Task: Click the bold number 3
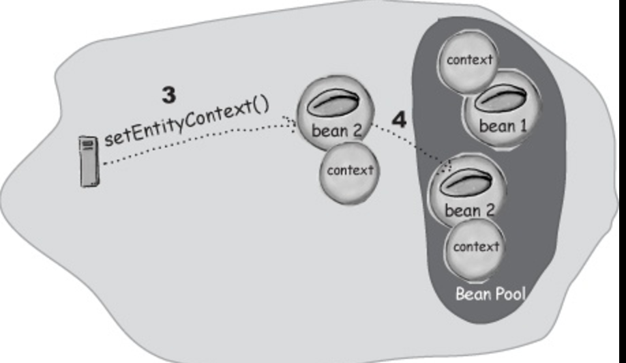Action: point(169,95)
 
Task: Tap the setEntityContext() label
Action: point(187,122)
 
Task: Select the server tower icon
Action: point(89,161)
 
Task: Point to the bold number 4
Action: point(399,119)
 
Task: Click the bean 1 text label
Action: point(503,127)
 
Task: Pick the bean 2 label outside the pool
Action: point(336,130)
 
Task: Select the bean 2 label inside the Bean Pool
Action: point(469,210)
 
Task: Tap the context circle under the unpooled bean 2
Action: point(350,172)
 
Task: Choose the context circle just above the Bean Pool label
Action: point(475,248)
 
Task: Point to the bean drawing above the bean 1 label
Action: point(501,99)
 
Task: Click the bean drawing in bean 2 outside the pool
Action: point(333,103)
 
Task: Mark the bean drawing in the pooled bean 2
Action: point(466,184)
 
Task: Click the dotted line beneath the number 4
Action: point(411,144)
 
